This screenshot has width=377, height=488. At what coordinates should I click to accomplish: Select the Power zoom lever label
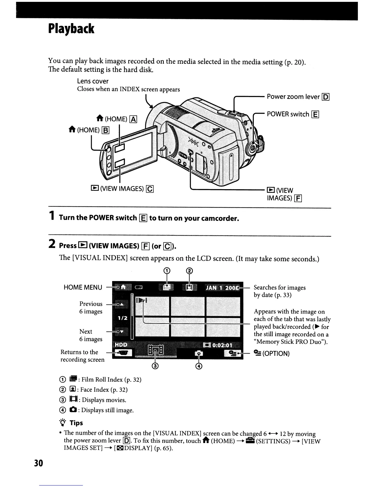[x=293, y=97]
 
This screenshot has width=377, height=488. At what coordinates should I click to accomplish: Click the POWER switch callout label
[x=288, y=114]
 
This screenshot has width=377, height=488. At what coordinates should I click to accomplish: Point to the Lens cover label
[x=93, y=81]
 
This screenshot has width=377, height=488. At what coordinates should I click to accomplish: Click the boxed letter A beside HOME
[x=133, y=119]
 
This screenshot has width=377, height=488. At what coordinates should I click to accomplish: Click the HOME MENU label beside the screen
[x=83, y=287]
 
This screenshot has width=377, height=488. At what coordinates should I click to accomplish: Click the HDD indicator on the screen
[x=121, y=344]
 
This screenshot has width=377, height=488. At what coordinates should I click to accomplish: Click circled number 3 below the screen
[x=155, y=366]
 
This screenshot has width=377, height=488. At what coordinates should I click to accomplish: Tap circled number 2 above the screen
[x=190, y=271]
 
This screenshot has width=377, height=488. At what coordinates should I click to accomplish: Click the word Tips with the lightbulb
[x=76, y=423]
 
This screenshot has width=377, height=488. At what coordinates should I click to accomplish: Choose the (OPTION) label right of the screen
[x=276, y=353]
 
